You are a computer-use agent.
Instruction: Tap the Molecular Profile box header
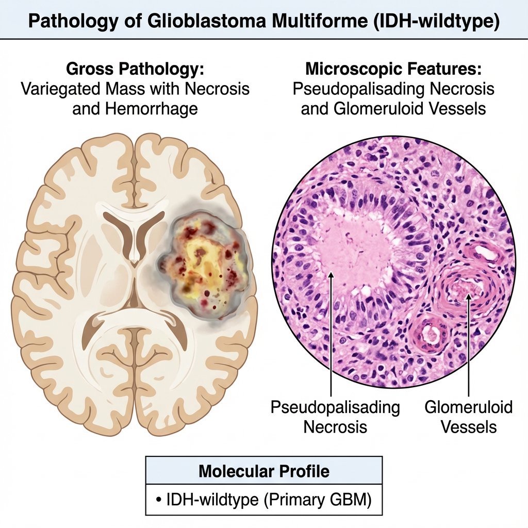point(264,471)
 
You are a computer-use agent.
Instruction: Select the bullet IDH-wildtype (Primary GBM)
point(264,500)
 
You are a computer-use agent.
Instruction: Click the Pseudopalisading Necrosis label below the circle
point(335,417)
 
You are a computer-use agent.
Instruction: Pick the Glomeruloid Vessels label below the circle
point(469,417)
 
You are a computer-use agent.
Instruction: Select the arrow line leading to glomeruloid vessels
point(469,351)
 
